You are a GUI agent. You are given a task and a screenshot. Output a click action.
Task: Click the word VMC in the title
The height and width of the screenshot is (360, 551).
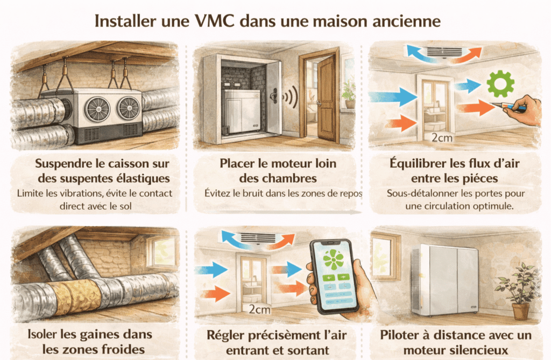(214, 21)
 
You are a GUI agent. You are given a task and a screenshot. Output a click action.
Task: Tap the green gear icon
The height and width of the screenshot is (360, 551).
(500, 83)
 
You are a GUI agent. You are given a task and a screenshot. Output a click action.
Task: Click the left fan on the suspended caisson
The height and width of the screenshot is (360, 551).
(97, 108)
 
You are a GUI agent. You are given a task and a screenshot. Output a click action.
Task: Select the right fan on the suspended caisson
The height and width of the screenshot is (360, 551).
(128, 107)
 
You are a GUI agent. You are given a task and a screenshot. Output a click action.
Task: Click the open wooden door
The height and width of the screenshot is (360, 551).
(326, 99)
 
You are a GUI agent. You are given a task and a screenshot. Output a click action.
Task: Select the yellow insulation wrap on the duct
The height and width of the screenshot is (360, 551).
(75, 297)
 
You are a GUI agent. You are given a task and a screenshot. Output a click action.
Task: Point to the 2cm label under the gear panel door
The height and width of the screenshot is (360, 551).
(442, 137)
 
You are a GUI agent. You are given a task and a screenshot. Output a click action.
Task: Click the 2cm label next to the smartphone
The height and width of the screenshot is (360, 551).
(260, 309)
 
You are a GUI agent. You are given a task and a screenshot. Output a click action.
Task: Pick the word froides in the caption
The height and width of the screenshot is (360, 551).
(123, 349)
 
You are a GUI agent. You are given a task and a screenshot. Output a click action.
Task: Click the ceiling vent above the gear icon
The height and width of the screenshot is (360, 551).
(444, 52)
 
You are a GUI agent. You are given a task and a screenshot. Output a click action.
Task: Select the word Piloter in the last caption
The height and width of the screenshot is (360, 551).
(400, 335)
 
